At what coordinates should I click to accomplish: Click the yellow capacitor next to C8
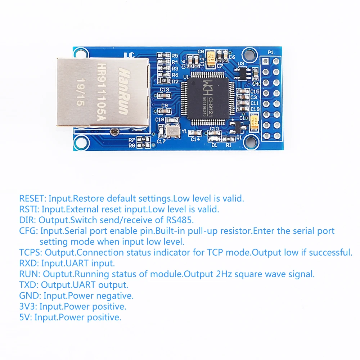[211, 58]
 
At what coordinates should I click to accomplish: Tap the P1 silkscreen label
[270, 53]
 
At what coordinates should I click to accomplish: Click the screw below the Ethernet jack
[114, 132]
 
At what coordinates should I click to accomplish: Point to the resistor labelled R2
[164, 81]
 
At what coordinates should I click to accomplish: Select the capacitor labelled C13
[164, 95]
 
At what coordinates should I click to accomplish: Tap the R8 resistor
[145, 145]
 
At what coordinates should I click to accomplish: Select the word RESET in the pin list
[32, 198]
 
